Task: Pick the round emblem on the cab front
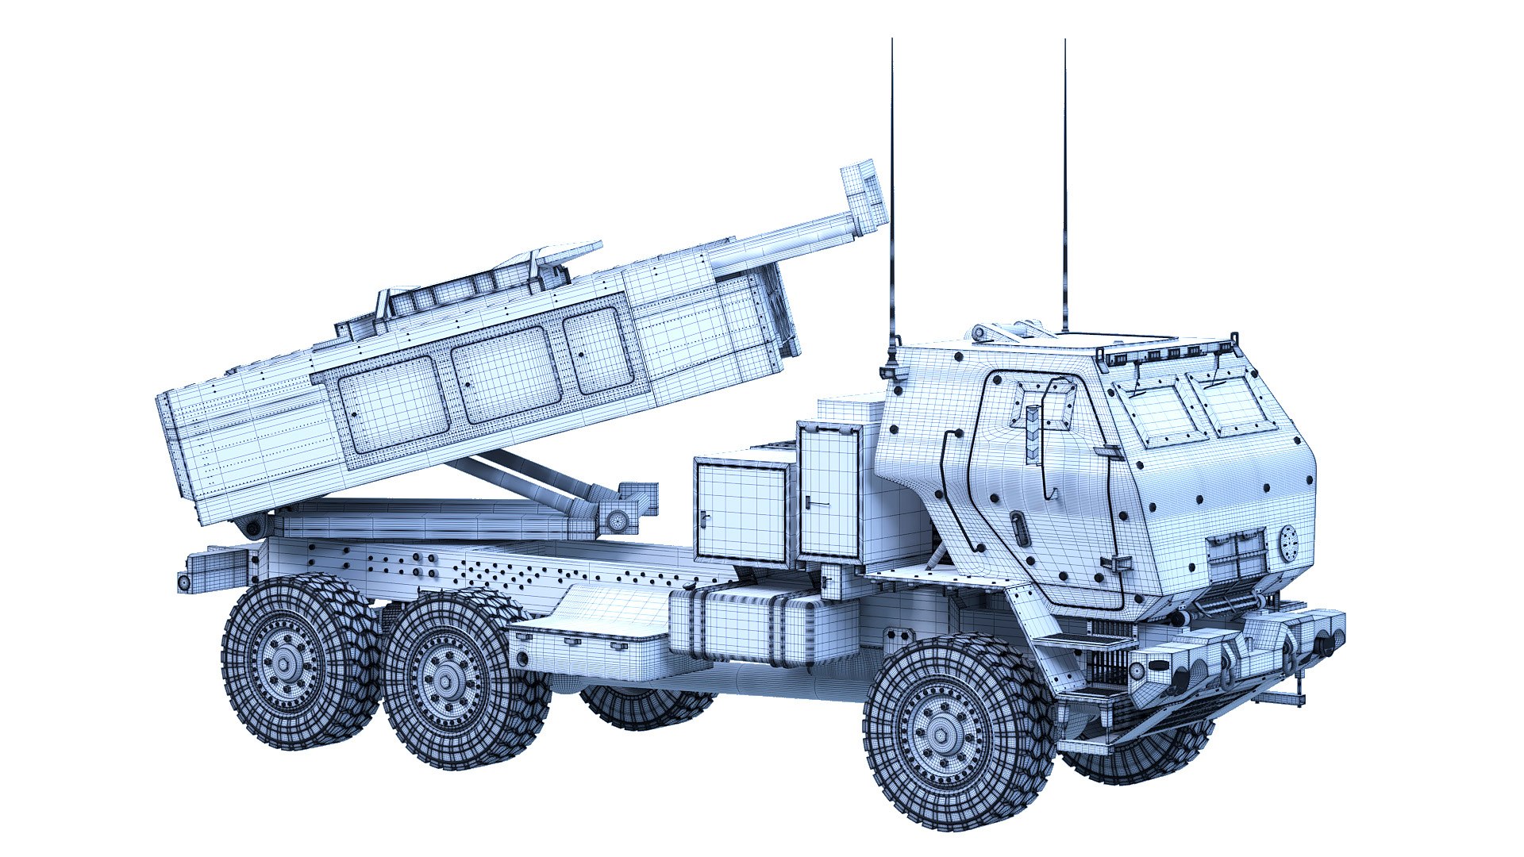(x=1287, y=542)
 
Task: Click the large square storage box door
(x=741, y=511)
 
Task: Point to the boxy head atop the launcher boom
(x=865, y=194)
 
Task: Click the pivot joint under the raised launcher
(x=617, y=520)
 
